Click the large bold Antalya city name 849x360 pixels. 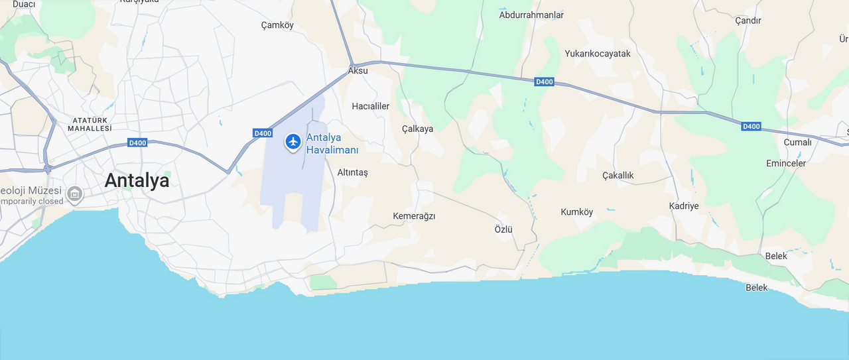(137, 180)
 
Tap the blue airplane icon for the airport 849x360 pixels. (293, 141)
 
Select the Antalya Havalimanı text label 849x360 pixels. (332, 144)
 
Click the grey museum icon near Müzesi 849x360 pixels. (75, 194)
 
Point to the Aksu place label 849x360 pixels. (358, 70)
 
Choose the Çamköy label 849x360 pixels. (277, 25)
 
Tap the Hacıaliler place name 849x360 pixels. (370, 106)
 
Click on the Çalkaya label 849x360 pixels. (417, 129)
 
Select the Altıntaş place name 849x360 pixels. (352, 172)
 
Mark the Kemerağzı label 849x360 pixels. (414, 216)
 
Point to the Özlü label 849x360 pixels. (504, 229)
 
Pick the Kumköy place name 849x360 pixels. (577, 212)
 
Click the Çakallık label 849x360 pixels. (618, 175)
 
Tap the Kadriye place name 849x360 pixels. (684, 206)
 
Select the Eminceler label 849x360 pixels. (786, 163)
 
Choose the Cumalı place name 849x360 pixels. (798, 142)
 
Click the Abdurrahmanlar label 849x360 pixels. (531, 15)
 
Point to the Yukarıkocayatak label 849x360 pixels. (598, 54)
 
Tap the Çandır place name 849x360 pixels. (748, 21)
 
